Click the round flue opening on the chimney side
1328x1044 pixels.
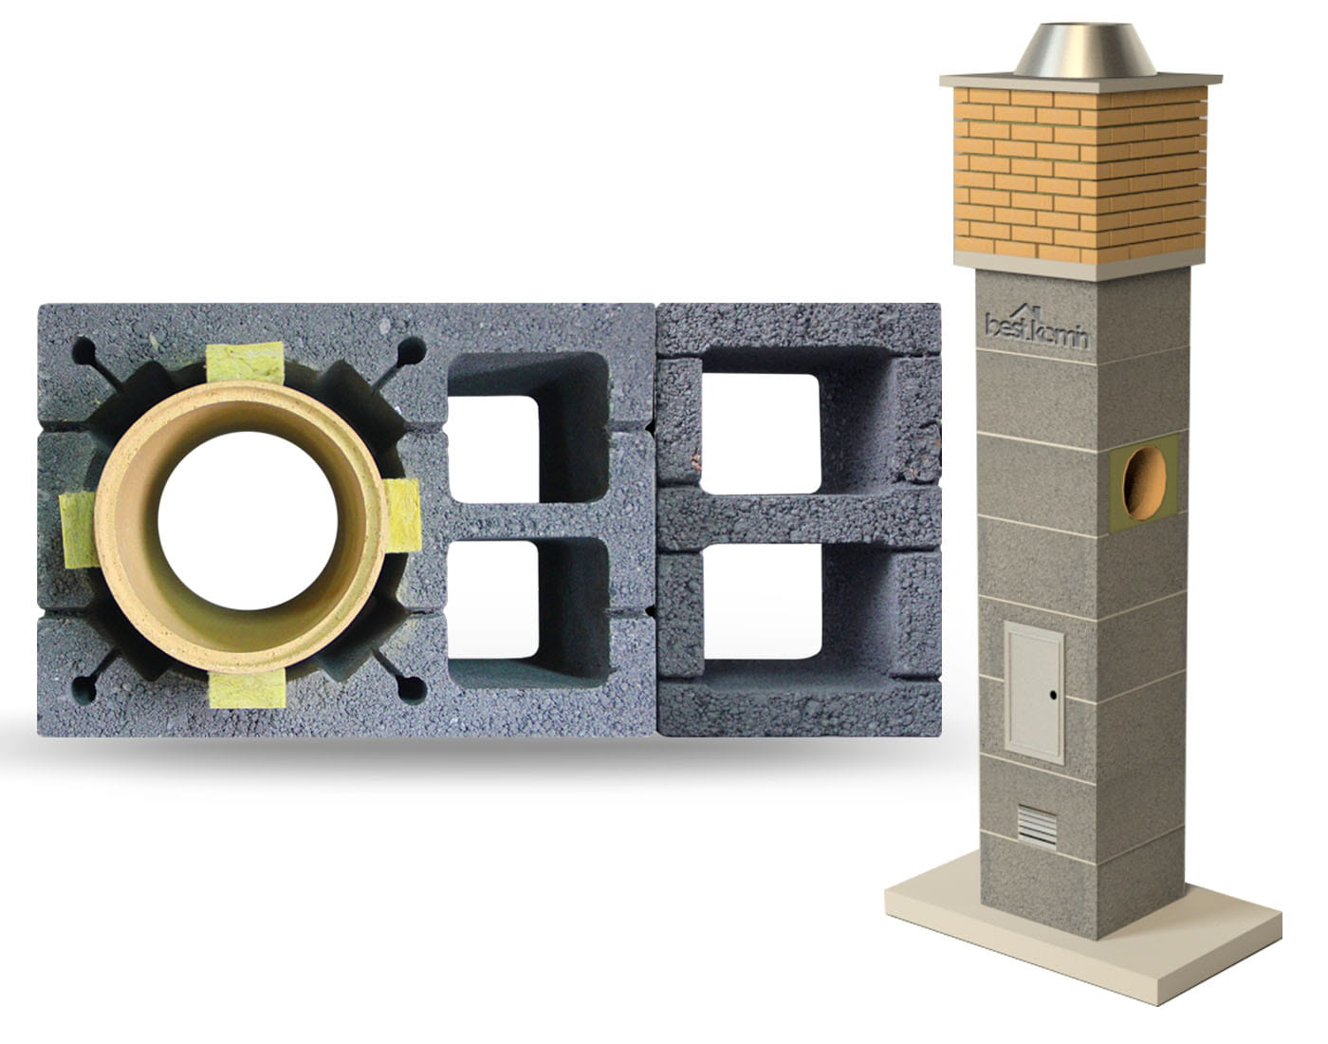1144,483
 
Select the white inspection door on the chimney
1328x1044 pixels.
1035,693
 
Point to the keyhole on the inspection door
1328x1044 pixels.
1054,695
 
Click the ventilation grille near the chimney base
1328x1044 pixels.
1037,827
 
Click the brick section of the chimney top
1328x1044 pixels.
1079,173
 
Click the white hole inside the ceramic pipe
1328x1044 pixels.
248,520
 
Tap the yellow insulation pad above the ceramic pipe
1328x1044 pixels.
245,364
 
